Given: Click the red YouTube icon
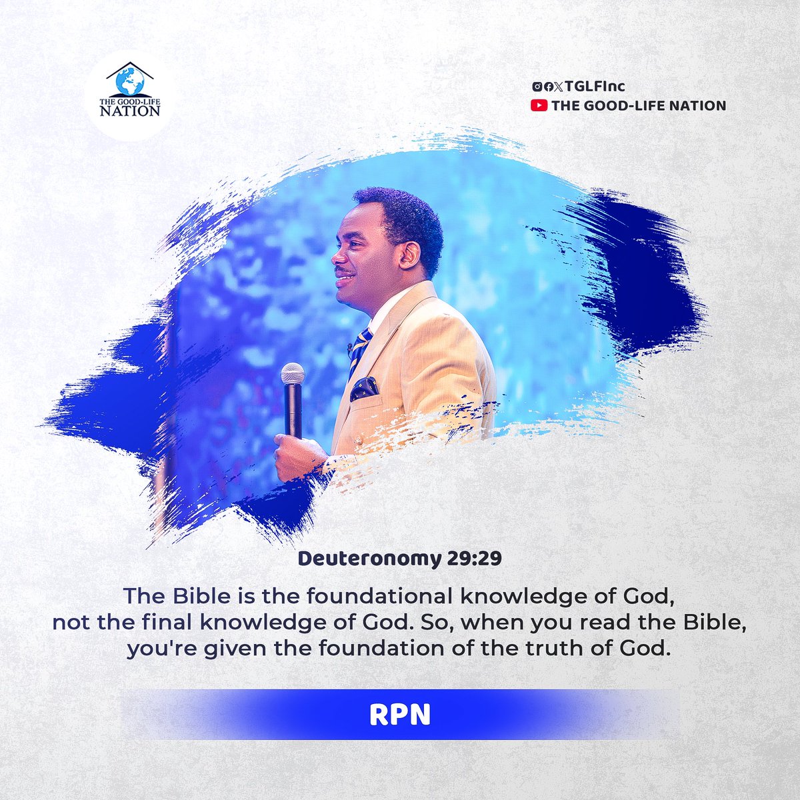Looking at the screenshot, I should click(x=538, y=105).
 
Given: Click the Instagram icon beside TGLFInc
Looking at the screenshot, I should click(x=537, y=87).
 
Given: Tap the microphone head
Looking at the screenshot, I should click(x=292, y=374).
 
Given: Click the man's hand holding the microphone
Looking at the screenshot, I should click(x=297, y=457).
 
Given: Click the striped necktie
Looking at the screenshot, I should click(x=360, y=347).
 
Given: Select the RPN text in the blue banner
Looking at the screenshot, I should click(x=399, y=715).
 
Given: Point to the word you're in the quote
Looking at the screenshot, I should click(x=155, y=647).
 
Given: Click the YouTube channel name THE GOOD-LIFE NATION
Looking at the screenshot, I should click(x=638, y=105).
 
